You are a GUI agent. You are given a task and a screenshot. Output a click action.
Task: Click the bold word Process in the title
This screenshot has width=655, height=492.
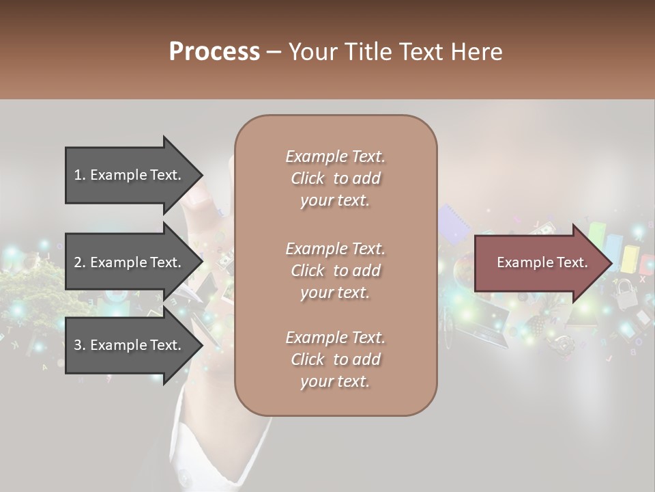click(214, 52)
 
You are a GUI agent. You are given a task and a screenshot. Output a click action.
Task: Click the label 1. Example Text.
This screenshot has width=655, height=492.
click(127, 175)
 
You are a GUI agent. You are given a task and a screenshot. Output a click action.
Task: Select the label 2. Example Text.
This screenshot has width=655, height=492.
click(127, 262)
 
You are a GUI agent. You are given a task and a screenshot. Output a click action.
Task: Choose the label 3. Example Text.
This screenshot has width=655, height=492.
click(127, 345)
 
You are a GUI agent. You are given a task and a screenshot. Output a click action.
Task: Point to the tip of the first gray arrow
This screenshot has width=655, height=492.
click(202, 175)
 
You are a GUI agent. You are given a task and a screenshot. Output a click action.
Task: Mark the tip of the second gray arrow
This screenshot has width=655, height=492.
click(202, 262)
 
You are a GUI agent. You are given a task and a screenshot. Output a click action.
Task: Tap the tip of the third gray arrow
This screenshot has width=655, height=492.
click(202, 345)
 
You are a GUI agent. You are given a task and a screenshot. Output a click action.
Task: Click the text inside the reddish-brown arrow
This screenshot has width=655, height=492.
click(542, 262)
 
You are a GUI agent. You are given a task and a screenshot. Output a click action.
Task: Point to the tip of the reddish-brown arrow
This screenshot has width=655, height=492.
click(611, 263)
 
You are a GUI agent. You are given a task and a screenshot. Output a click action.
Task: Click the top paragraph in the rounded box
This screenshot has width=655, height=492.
click(335, 178)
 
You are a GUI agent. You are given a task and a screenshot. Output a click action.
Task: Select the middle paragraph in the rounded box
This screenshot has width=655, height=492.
click(335, 271)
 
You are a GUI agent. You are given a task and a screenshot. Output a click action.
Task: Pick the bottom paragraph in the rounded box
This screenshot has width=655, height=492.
click(335, 359)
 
